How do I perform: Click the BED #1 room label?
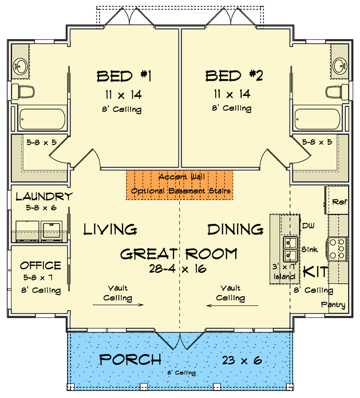124,76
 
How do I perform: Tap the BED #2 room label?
234,76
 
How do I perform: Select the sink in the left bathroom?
20,66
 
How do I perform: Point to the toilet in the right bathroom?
337,92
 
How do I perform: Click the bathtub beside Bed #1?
42,119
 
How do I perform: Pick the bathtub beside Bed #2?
317,119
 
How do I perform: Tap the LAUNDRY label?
44,197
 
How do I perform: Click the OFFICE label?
41,266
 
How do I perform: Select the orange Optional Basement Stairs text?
180,191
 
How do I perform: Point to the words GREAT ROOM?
179,254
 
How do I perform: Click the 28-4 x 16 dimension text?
178,269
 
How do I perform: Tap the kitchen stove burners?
338,249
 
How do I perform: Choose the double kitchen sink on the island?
290,250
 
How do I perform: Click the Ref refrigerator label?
340,202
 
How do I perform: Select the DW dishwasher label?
308,226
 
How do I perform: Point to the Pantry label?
333,304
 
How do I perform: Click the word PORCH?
130,360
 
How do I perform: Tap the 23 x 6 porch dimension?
242,360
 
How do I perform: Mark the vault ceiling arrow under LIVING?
118,305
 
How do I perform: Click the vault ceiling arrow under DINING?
232,305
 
